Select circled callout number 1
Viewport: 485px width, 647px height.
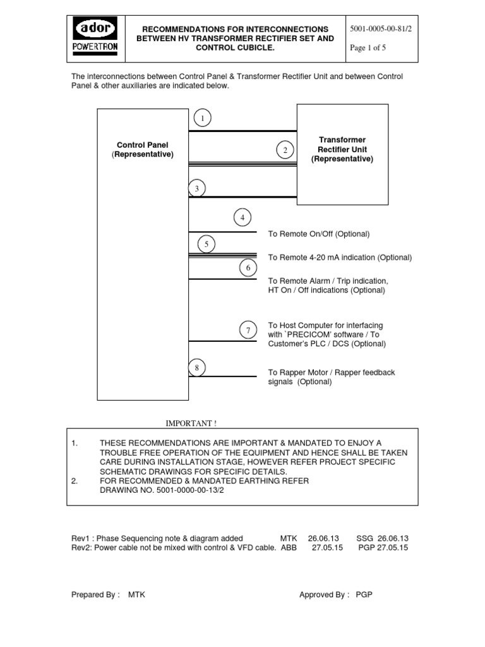click(202, 118)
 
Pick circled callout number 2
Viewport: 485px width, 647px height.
click(285, 150)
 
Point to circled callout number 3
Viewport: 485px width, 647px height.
click(196, 188)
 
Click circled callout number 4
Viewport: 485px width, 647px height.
click(242, 218)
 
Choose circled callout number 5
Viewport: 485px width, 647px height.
click(206, 243)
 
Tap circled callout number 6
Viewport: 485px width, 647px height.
click(248, 268)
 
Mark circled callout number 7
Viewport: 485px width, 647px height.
click(248, 330)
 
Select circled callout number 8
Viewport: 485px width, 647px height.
click(197, 366)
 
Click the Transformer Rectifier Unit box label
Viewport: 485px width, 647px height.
click(342, 149)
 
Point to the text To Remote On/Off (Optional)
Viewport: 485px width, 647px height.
click(319, 234)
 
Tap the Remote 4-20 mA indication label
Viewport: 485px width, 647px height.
click(340, 257)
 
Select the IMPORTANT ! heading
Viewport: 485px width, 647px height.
click(195, 423)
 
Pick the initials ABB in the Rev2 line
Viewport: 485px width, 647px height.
click(289, 548)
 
